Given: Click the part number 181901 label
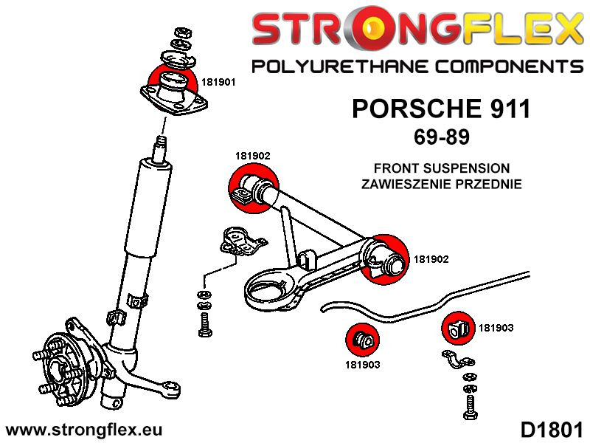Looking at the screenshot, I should [x=219, y=83].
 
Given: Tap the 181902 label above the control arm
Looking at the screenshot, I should [x=252, y=156].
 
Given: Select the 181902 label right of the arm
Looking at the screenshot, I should [x=431, y=259].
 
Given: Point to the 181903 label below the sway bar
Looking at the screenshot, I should [x=361, y=363].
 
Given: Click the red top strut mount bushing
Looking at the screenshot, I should [x=172, y=83].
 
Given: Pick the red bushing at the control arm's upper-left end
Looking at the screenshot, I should [x=251, y=189].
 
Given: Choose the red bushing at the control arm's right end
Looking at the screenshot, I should [x=388, y=258].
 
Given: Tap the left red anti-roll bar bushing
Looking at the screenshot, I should [x=362, y=339].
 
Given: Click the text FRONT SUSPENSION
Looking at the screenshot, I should [x=441, y=168].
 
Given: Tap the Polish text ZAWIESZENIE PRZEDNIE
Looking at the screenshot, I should [x=441, y=184].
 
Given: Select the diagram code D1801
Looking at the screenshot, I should [x=552, y=429].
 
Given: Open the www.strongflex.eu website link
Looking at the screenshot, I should [x=83, y=429].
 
